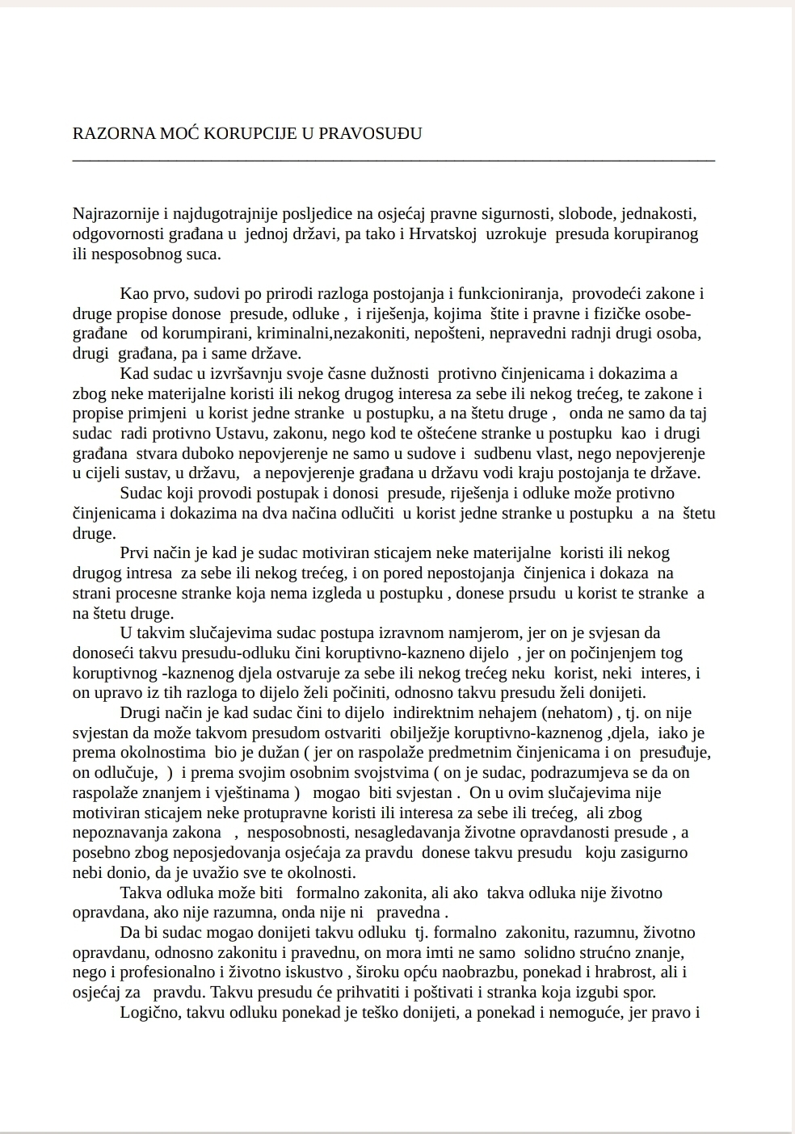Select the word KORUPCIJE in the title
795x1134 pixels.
(x=254, y=133)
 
